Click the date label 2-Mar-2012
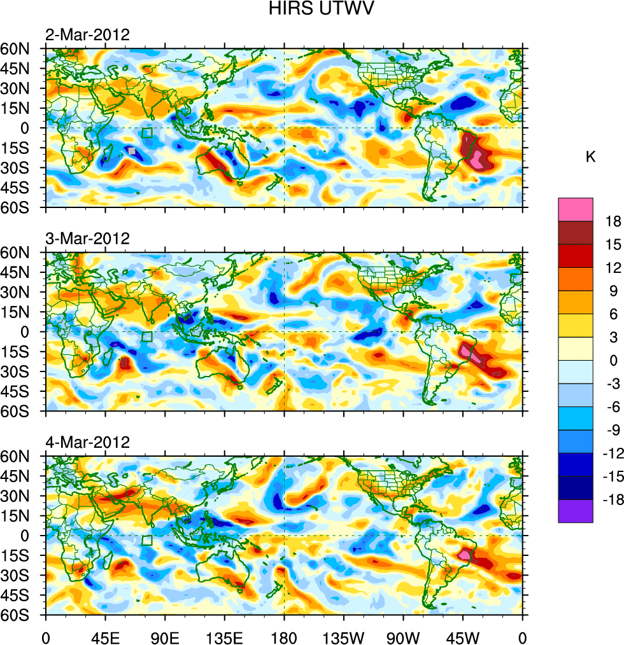(x=87, y=35)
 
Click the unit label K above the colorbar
(x=591, y=157)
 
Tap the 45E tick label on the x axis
(x=105, y=636)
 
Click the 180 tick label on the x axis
(x=284, y=636)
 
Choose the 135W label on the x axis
(x=343, y=636)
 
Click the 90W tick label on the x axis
(x=403, y=636)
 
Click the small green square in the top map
(x=147, y=132)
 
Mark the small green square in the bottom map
(x=147, y=540)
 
